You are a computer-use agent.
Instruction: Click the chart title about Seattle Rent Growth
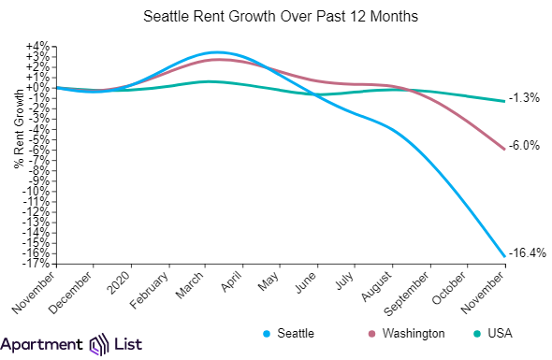pyautogui.click(x=276, y=18)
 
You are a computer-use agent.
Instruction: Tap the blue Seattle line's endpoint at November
pyautogui.click(x=505, y=256)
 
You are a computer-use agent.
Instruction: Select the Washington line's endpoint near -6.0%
pyautogui.click(x=505, y=149)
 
